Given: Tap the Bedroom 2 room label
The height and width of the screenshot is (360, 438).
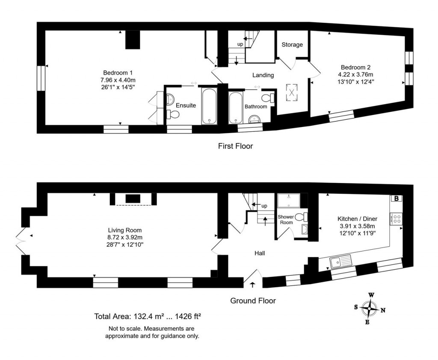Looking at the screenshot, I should coord(355,67).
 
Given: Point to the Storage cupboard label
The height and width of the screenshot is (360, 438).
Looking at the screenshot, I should coord(292,44).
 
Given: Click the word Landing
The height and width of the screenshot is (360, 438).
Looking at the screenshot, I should coord(263,75).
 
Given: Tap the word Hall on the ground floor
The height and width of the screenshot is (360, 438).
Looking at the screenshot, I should coord(260,253).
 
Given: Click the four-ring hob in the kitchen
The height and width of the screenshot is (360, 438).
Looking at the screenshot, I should coord(396,219).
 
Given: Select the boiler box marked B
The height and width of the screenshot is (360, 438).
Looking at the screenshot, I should coord(397,198).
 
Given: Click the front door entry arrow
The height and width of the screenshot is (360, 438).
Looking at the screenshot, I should coord(252,283).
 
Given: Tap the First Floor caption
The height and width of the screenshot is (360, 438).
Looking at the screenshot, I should coord(235,146).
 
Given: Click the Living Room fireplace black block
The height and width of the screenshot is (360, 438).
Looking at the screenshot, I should coord(133,198).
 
